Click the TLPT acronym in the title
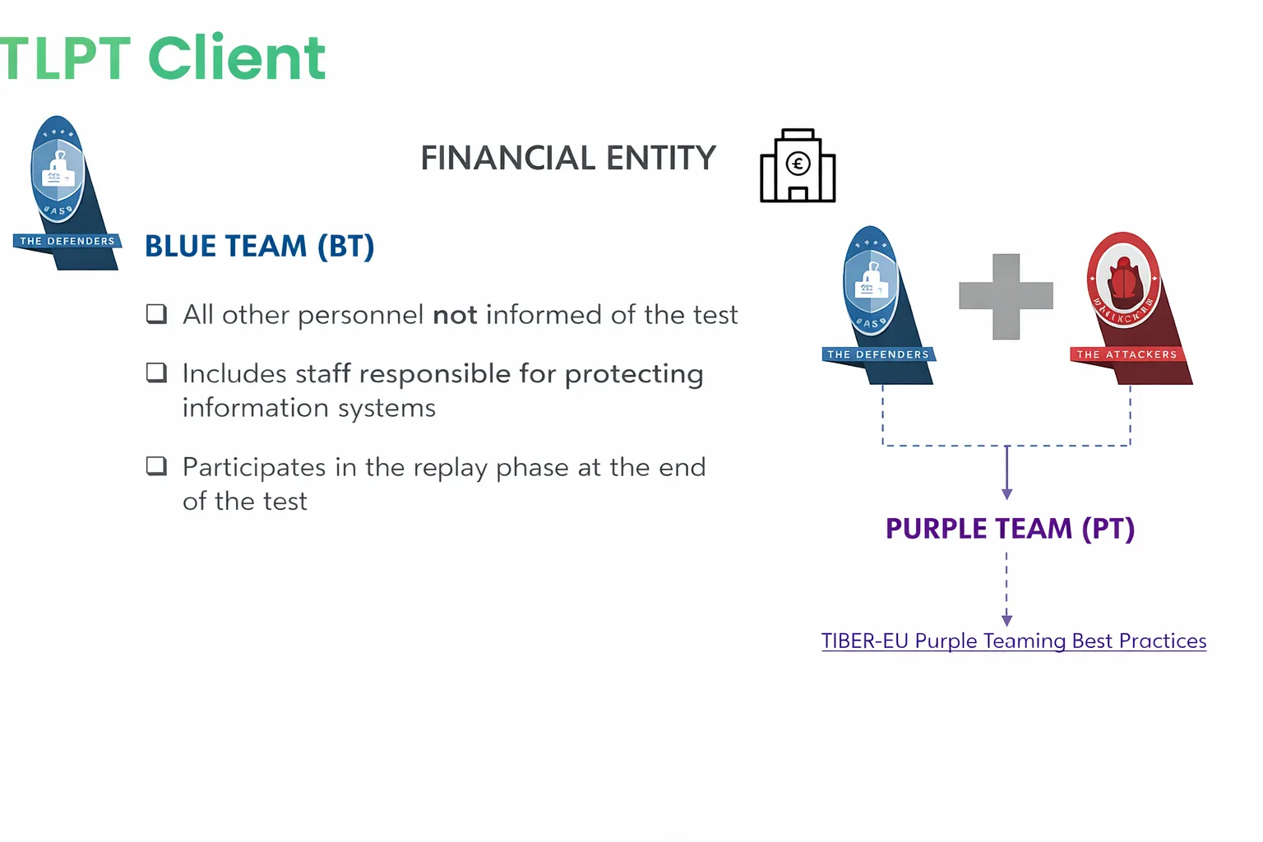click(66, 59)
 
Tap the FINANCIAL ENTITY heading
click(568, 158)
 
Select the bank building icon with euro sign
click(798, 166)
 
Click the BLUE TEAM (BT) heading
click(260, 246)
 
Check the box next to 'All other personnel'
click(156, 314)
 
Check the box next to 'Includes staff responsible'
click(156, 372)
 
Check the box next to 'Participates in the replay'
click(156, 466)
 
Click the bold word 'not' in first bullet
click(455, 315)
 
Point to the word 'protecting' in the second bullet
click(634, 374)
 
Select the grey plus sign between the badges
click(1006, 296)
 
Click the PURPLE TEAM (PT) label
click(1010, 528)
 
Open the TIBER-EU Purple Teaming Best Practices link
click(1013, 641)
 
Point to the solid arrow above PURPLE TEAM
click(1006, 474)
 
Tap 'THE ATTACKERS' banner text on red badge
click(1127, 354)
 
